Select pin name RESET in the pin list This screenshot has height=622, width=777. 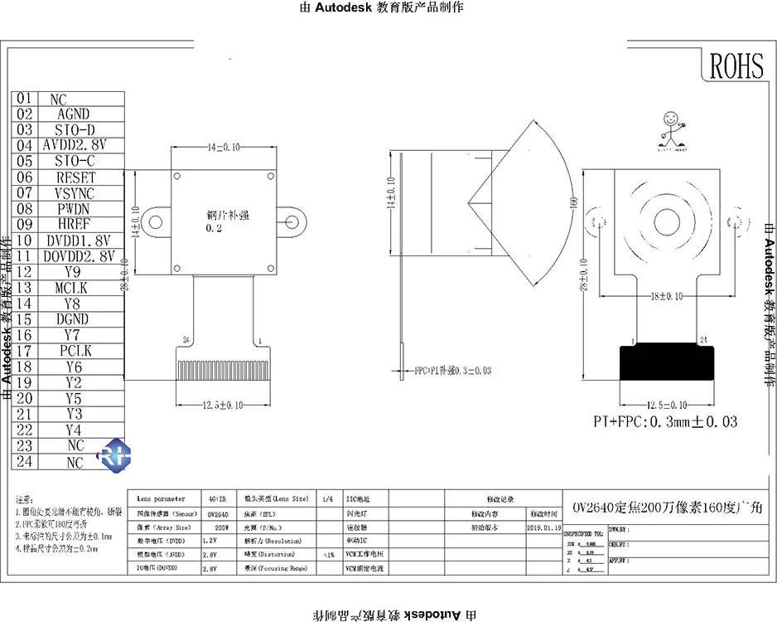[75, 177]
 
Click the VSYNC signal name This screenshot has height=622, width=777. [75, 193]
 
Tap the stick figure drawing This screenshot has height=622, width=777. [672, 129]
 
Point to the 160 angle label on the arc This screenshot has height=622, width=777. [572, 202]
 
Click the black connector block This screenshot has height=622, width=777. [668, 372]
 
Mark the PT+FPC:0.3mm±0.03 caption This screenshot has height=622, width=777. [665, 422]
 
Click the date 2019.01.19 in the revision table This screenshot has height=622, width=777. [544, 527]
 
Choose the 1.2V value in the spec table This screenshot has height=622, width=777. [211, 541]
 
